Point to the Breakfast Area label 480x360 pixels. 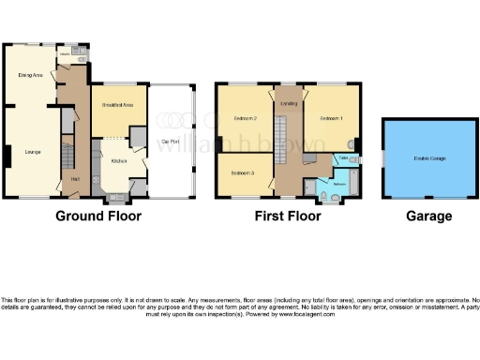click(115, 105)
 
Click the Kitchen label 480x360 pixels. click(119, 160)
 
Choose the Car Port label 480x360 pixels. click(171, 142)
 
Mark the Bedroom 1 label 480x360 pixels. click(331, 120)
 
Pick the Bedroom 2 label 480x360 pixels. click(245, 120)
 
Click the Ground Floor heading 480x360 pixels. click(98, 217)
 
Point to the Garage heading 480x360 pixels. click(428, 217)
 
